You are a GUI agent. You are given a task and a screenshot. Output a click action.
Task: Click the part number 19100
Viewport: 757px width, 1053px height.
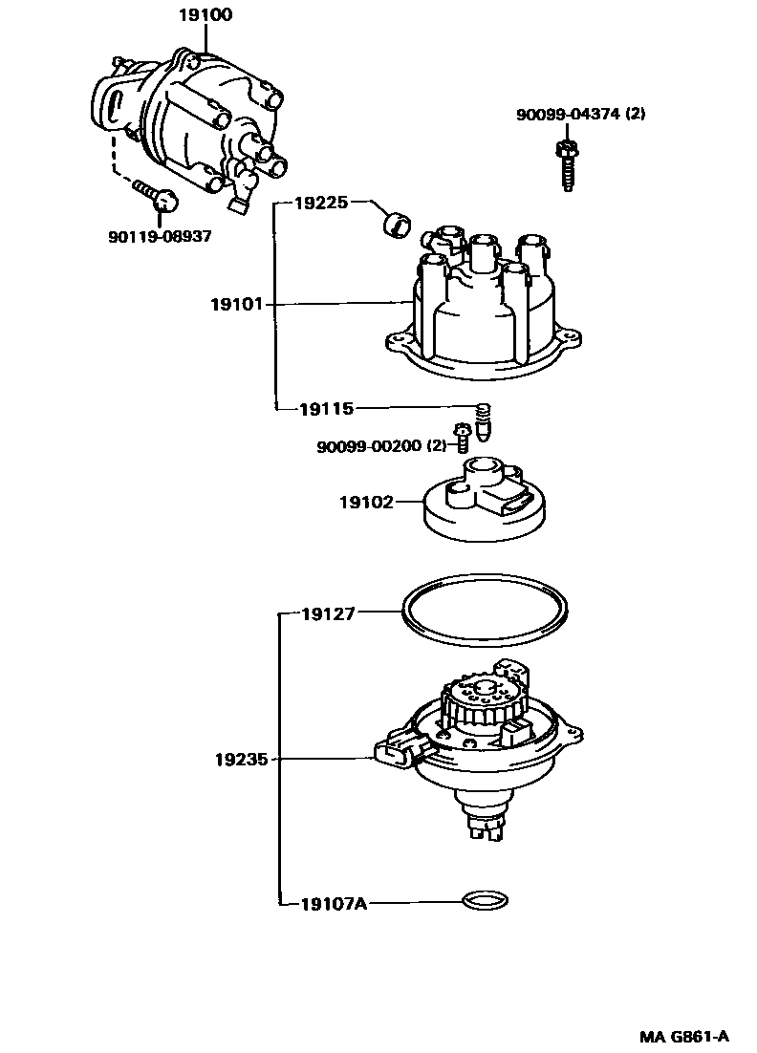(x=205, y=15)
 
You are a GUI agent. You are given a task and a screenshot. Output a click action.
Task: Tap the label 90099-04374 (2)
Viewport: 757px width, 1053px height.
(x=581, y=114)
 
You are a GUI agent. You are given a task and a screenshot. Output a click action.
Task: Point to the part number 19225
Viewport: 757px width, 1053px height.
(x=321, y=203)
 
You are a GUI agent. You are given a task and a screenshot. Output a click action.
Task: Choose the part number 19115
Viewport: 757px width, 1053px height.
(x=326, y=409)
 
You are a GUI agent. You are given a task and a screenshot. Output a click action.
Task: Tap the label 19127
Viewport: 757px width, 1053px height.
(x=329, y=614)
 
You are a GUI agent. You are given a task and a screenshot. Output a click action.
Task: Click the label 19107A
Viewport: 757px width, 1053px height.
(x=334, y=901)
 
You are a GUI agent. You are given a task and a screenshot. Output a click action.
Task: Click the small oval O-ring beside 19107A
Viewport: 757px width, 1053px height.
(x=484, y=900)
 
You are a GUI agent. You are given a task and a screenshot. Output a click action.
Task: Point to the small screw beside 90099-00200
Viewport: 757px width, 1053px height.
(x=463, y=437)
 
